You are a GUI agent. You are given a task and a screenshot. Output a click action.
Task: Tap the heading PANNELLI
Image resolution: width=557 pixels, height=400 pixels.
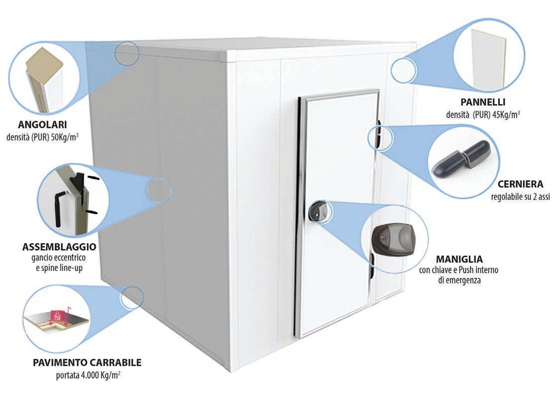[x=483, y=103]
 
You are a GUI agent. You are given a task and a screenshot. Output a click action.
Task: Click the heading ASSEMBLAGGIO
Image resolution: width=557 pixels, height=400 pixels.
[x=59, y=247]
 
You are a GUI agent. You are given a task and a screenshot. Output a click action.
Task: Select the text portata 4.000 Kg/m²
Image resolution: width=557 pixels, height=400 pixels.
[x=88, y=375]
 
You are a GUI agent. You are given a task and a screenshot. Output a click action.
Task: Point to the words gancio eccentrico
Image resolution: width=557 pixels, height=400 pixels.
[x=59, y=257]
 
